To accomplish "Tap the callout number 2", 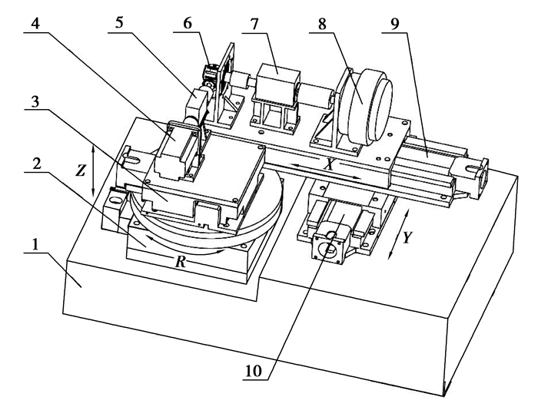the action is pos(36,164).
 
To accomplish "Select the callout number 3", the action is pos(35,101).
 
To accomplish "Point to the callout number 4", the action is pos(35,24).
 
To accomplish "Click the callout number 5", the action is pos(118,23).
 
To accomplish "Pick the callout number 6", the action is pos(188,23).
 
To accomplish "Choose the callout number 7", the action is pos(254,24).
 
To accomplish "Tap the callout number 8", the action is pos(322,24).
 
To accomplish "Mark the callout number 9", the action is pos(394,24).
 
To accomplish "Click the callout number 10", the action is pos(253,371).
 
